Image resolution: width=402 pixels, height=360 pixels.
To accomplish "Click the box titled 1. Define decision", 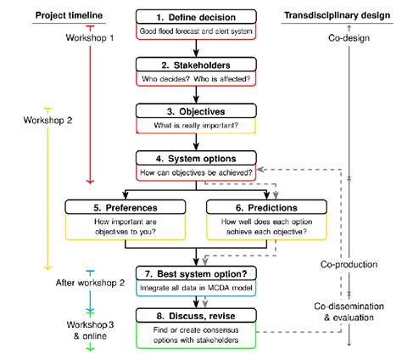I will coord(196,16).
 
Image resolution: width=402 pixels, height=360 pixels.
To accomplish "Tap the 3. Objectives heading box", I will coord(196,110).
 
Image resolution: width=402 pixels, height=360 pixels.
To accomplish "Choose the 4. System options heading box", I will coord(196,158).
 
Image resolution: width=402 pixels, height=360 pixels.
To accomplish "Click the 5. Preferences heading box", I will coord(126,205).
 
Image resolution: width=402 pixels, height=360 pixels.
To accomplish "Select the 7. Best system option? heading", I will coord(196,275).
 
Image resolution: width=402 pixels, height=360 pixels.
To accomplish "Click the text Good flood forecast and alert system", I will coord(196,32).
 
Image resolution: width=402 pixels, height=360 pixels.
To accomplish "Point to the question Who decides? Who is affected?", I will coord(196,79).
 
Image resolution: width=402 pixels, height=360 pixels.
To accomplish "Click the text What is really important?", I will coord(196,127).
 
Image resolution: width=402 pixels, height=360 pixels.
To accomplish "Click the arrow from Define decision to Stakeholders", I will coord(196,48).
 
